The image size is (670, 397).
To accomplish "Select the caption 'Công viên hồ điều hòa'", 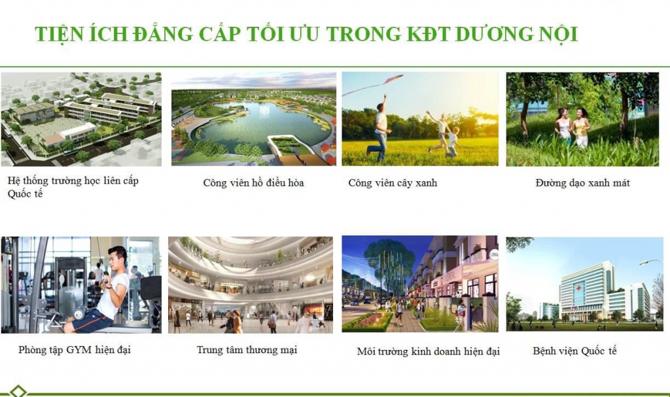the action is click(x=253, y=183).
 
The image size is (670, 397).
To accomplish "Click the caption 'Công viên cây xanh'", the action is click(x=393, y=183).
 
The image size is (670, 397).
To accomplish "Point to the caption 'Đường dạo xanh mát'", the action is click(x=582, y=183).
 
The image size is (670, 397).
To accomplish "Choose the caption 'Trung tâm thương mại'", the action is click(x=247, y=350).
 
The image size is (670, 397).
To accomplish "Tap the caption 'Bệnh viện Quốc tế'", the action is click(x=574, y=351).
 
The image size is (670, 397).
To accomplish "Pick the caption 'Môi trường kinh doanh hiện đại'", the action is click(x=428, y=352).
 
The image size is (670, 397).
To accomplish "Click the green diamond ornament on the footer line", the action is click(x=18, y=391).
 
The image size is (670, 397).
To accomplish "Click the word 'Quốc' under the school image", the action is click(x=20, y=194).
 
